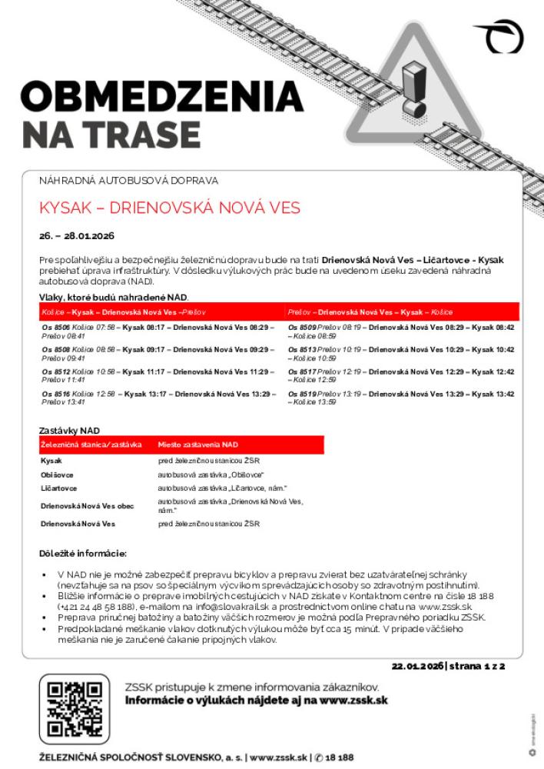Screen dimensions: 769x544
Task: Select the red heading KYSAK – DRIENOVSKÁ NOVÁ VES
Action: point(170,208)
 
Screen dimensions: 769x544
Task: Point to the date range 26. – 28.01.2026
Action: point(76,235)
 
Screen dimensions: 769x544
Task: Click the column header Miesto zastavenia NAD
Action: point(198,444)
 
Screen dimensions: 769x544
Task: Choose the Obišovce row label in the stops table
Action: point(58,474)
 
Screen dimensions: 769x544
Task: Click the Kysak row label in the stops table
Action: point(51,460)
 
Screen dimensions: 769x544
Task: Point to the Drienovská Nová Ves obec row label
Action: point(87,505)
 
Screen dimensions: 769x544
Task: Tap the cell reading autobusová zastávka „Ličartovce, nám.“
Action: point(222,488)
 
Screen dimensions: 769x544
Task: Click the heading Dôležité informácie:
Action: point(83,553)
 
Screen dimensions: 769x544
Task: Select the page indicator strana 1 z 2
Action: point(477,666)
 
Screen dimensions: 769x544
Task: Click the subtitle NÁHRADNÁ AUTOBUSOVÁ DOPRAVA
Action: point(128,181)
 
